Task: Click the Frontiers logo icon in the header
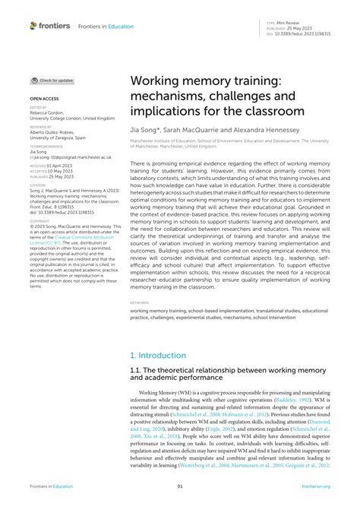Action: [33, 25]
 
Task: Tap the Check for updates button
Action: [52, 80]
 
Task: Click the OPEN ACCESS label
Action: [44, 99]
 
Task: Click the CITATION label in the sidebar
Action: [38, 185]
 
